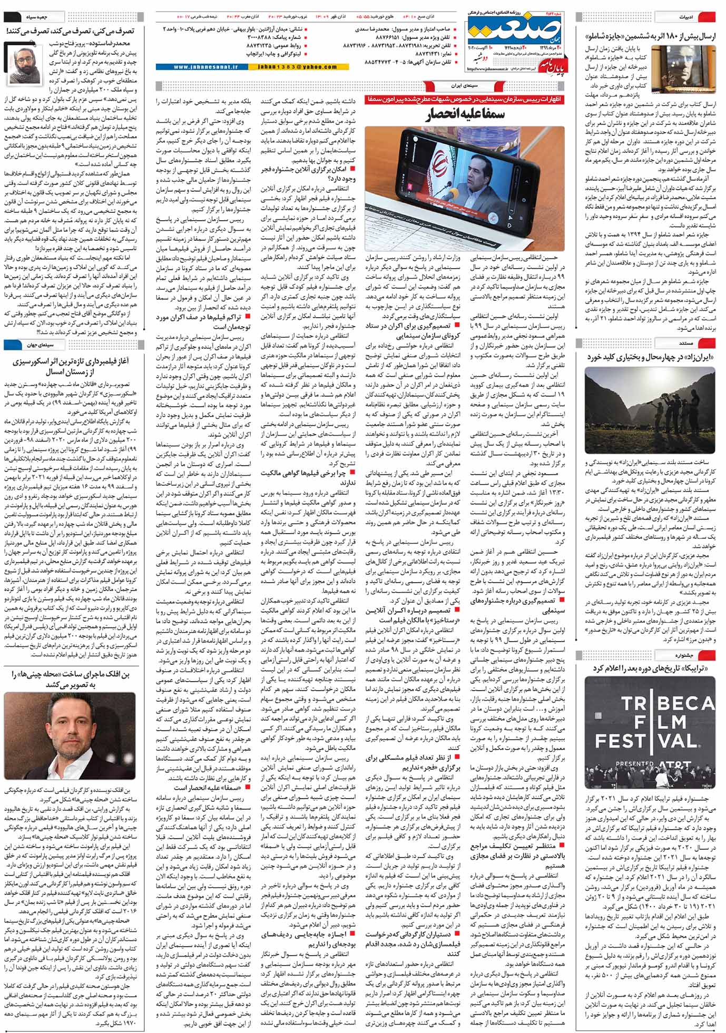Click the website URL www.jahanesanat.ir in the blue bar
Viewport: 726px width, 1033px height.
click(x=201, y=67)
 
